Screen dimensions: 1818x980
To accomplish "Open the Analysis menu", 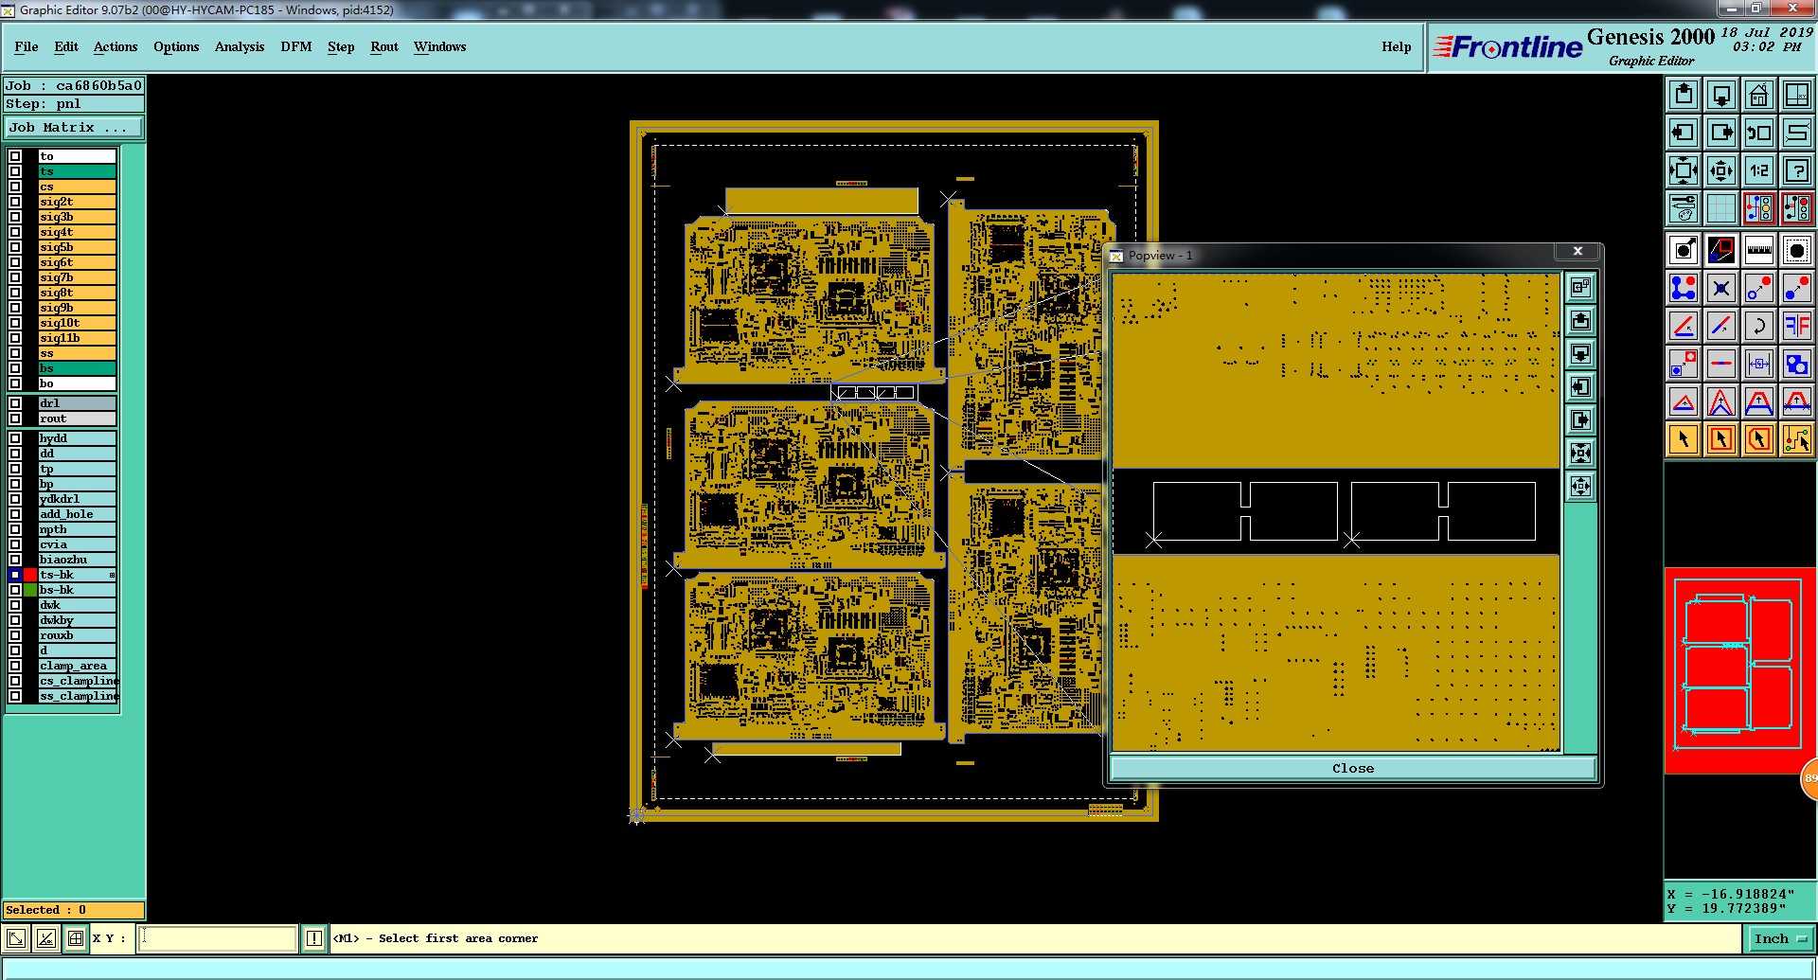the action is point(239,46).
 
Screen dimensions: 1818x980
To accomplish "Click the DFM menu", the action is point(295,46).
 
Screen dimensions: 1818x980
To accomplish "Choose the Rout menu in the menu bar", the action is point(384,46).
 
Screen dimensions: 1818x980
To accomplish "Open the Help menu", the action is point(1396,46).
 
